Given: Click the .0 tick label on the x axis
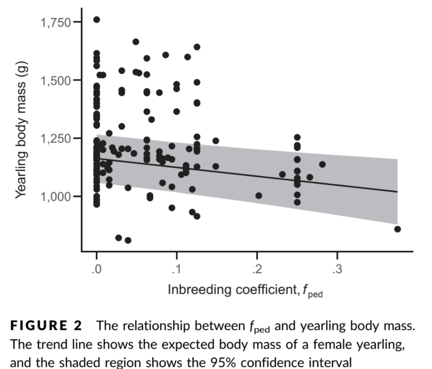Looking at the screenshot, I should click(96, 269).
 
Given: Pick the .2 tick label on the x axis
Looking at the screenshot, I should click(257, 269).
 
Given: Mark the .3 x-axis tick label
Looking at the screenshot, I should click(337, 269).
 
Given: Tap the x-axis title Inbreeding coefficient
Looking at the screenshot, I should click(232, 290).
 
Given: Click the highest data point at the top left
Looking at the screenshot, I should click(96, 19).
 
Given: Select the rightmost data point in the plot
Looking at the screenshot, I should click(398, 229).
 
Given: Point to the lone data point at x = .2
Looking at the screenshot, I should click(258, 195).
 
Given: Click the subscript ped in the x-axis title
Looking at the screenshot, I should click(315, 295).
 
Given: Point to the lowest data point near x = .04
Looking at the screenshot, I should click(128, 240).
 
